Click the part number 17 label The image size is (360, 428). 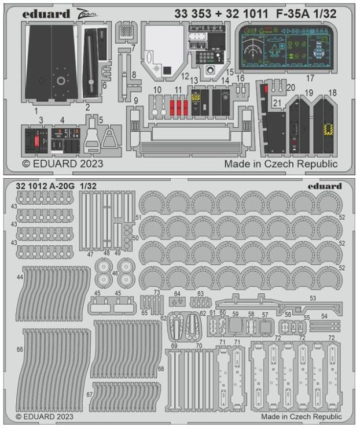tap(310, 77)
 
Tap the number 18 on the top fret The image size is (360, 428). tap(332, 93)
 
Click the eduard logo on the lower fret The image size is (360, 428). tap(325, 186)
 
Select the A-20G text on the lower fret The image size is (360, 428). tap(58, 186)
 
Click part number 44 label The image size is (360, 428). tap(20, 278)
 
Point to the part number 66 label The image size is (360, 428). tap(20, 350)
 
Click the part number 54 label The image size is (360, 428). tap(324, 316)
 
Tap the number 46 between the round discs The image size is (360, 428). tap(115, 272)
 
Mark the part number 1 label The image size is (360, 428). tap(35, 109)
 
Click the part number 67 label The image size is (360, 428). tap(90, 394)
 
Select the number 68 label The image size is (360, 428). tap(161, 368)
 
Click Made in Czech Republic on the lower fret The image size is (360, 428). tap(302, 416)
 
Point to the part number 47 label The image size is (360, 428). tap(90, 253)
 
